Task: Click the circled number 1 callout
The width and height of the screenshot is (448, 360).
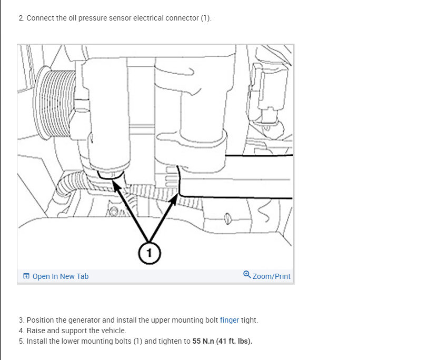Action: point(149,254)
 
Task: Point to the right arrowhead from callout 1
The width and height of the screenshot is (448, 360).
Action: point(174,197)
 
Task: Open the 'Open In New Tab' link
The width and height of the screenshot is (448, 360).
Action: point(60,276)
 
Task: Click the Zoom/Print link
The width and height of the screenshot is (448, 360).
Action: point(271,276)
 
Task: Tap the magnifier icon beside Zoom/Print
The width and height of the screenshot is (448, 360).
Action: point(247,275)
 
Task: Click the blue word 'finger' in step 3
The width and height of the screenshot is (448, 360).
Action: point(229,320)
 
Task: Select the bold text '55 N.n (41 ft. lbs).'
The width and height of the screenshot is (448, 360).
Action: point(222,341)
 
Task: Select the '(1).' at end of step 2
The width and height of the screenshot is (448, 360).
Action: point(205,18)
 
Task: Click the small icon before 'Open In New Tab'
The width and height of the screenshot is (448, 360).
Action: point(26,276)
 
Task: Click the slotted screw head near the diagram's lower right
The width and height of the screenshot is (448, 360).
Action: point(227,217)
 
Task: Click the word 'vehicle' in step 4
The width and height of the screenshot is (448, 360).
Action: point(114,331)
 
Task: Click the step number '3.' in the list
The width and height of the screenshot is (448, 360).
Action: point(21,320)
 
